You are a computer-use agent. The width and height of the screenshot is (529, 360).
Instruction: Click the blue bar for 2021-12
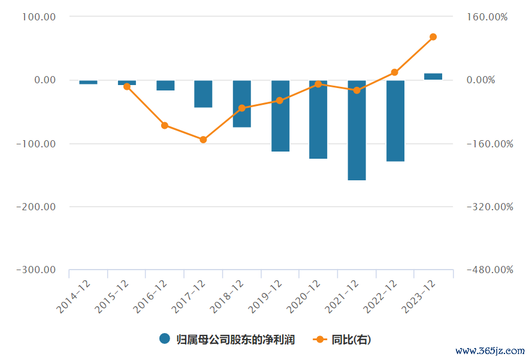click(x=356, y=130)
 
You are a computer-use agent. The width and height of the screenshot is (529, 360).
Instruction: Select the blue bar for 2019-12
click(x=280, y=116)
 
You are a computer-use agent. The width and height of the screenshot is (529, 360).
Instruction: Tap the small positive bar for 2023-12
click(x=433, y=77)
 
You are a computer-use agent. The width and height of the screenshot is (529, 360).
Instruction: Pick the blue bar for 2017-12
click(x=203, y=94)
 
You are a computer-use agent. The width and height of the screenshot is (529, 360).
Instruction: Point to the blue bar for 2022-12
click(x=395, y=120)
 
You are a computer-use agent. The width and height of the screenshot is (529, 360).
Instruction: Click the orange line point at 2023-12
click(x=433, y=37)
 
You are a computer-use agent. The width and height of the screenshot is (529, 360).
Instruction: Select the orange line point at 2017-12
click(x=203, y=140)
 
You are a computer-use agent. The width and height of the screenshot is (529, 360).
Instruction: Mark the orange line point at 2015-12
click(x=127, y=86)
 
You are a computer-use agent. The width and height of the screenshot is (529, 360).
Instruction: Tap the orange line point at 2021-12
click(x=357, y=90)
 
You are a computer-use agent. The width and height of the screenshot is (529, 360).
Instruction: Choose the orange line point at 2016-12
click(x=165, y=125)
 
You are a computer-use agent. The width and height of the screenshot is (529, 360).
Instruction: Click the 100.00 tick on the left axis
click(x=38, y=17)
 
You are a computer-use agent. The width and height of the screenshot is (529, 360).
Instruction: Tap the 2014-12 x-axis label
click(x=74, y=296)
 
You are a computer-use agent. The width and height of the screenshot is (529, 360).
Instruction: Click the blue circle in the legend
click(x=165, y=339)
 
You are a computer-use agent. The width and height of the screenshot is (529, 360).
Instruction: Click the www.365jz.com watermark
click(x=490, y=350)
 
